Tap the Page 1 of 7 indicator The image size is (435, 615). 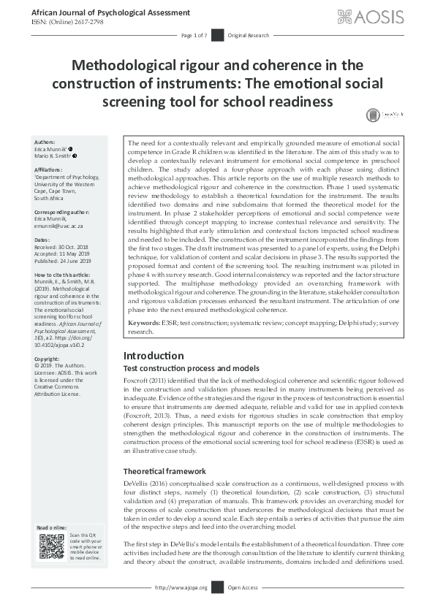tap(193, 35)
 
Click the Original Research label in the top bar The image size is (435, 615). tap(248, 35)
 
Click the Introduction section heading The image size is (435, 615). tap(154, 356)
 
